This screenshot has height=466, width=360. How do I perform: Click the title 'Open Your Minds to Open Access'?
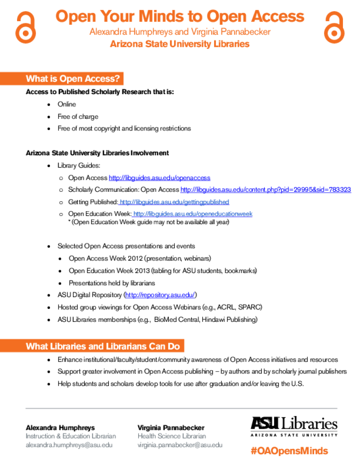[180, 16]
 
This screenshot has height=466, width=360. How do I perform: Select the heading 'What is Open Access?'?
[73, 78]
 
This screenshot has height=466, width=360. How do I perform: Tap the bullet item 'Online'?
[67, 104]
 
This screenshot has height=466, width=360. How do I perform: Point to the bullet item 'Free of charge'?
[78, 117]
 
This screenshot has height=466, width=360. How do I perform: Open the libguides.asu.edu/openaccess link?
[159, 178]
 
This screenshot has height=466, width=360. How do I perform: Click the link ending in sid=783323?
[265, 190]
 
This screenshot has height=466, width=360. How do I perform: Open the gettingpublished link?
[174, 202]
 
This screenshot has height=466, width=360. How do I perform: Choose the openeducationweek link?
[193, 214]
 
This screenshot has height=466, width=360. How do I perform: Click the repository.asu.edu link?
[160, 295]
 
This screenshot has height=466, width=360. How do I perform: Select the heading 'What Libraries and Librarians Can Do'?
[103, 346]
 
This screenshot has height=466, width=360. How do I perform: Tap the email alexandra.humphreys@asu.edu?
[69, 445]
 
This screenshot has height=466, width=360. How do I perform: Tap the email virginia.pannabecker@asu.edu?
[180, 445]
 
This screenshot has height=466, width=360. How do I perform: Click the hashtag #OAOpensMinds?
[289, 451]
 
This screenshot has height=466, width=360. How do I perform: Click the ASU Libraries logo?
[294, 426]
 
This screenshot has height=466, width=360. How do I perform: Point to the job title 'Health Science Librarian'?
[172, 436]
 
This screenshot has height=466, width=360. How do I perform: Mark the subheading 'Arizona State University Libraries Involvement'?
[97, 153]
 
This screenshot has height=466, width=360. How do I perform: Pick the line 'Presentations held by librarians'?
[112, 283]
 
